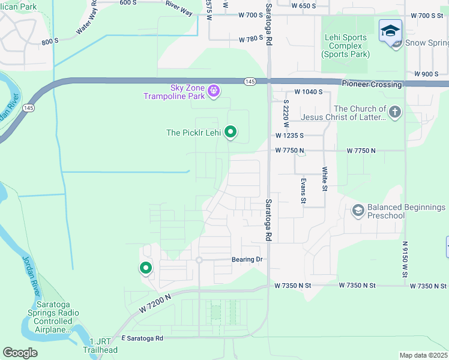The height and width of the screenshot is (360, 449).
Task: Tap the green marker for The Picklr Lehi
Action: tap(231, 133)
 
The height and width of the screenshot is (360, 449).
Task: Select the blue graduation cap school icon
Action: tap(390, 31)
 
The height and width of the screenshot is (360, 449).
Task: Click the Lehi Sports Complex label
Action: tap(345, 46)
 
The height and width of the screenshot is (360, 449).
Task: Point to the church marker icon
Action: tap(394, 112)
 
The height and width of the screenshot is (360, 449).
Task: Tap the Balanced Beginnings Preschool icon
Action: tap(358, 210)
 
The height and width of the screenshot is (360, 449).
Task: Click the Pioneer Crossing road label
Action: tap(372, 85)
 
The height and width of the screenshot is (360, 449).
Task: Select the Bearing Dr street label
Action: tap(247, 260)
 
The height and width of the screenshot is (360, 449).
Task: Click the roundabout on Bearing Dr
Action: tap(198, 260)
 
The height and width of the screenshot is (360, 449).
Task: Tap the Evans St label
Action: tap(304, 190)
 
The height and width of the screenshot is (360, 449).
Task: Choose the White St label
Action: tap(324, 179)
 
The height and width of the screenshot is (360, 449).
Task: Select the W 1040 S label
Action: tap(309, 92)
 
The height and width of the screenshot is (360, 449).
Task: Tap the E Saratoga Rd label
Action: tap(142, 338)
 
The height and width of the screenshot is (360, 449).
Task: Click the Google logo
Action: tap(20, 352)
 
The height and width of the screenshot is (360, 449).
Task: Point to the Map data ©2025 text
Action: tap(423, 355)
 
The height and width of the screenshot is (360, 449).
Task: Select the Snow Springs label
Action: tap(426, 43)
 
